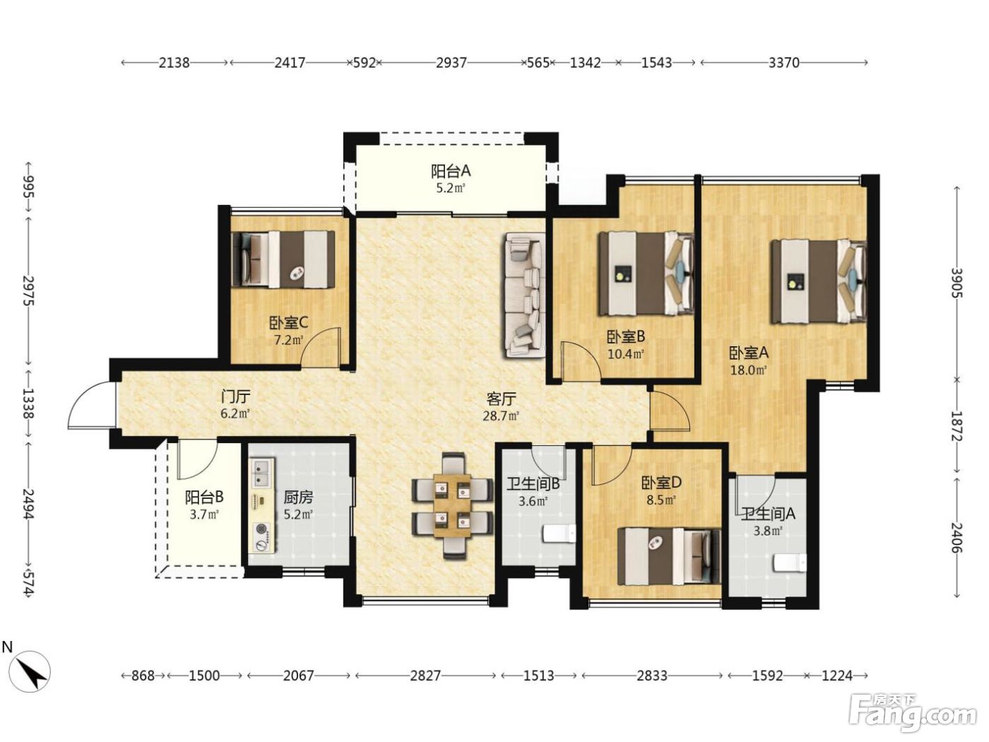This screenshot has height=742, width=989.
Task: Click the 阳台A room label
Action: (451, 171)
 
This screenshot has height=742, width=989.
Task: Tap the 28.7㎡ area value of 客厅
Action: (501, 416)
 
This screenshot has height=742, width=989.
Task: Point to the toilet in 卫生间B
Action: (559, 534)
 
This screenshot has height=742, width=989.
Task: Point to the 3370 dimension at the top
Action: (784, 63)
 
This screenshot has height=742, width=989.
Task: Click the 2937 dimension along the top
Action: (451, 63)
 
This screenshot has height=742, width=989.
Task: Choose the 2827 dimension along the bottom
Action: (425, 676)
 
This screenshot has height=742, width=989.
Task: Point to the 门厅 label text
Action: (236, 396)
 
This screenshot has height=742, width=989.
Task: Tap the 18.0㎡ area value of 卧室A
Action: (748, 370)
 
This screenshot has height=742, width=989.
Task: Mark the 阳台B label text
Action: (205, 497)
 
